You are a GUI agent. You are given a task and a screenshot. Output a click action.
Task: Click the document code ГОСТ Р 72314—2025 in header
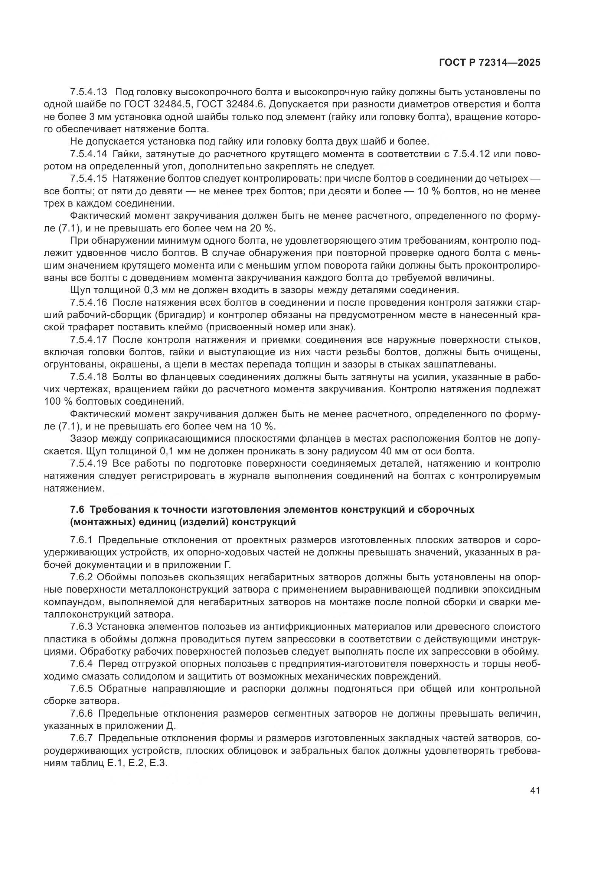pyautogui.click(x=490, y=63)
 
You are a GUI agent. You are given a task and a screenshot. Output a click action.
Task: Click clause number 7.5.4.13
pyautogui.click(x=89, y=92)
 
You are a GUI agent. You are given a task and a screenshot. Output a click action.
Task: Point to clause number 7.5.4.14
pyautogui.click(x=89, y=154)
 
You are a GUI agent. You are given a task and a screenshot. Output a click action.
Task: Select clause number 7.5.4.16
pyautogui.click(x=89, y=303)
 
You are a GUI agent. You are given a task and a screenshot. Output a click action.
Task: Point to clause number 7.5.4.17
pyautogui.click(x=89, y=340)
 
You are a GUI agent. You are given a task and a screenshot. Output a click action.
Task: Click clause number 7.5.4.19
pyautogui.click(x=89, y=464)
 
